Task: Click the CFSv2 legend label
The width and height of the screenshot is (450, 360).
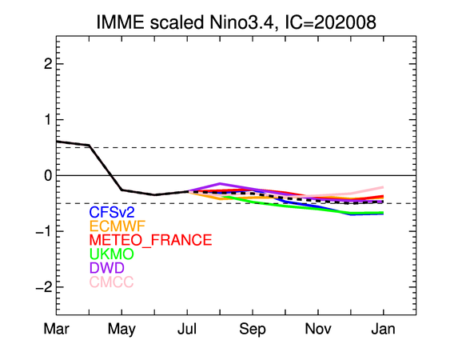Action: pyautogui.click(x=112, y=212)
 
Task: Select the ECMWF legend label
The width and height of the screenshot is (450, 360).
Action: pyautogui.click(x=117, y=226)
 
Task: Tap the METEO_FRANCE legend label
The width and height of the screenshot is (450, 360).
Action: pyautogui.click(x=151, y=240)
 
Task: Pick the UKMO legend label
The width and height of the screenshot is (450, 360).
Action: pyautogui.click(x=112, y=254)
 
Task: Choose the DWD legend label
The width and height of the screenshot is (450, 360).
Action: pyautogui.click(x=107, y=268)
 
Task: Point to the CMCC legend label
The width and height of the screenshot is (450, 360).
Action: pyautogui.click(x=111, y=282)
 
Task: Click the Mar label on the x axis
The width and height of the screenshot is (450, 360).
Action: pyautogui.click(x=56, y=329)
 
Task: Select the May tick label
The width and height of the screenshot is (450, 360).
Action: pyautogui.click(x=121, y=330)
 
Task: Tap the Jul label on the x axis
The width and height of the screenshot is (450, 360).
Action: pyautogui.click(x=187, y=329)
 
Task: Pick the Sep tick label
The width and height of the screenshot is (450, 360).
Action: pyautogui.click(x=253, y=330)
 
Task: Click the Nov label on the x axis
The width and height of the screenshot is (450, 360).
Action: pyautogui.click(x=318, y=329)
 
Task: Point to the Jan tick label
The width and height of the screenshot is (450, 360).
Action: pyautogui.click(x=384, y=329)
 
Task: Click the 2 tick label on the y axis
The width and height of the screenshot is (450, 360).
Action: pyautogui.click(x=48, y=64)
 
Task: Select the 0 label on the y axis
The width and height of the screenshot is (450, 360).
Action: pyautogui.click(x=48, y=175)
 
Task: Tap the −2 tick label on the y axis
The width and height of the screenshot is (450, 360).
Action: pyautogui.click(x=44, y=287)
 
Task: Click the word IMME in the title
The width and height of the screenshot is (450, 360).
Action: pyautogui.click(x=120, y=22)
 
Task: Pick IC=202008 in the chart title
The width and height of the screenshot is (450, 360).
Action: pyautogui.click(x=330, y=22)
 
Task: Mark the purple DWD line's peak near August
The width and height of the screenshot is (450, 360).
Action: pyautogui.click(x=220, y=183)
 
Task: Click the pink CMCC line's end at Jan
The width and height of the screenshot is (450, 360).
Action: pyautogui.click(x=384, y=187)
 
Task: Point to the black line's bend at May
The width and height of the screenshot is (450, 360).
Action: pyautogui.click(x=121, y=190)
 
